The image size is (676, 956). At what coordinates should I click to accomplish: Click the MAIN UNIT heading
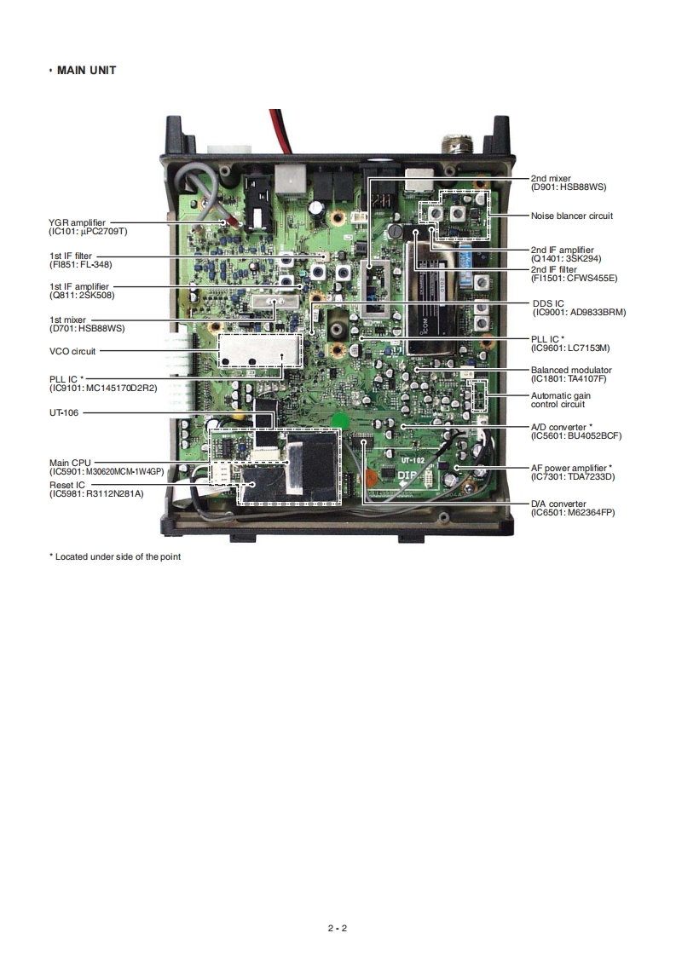[x=86, y=71]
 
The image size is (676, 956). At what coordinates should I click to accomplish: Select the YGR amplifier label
[x=78, y=222]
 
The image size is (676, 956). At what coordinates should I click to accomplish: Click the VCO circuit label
[x=72, y=351]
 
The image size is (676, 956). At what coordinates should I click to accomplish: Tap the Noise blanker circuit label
[x=571, y=216]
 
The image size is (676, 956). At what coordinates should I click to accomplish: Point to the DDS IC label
[x=547, y=303]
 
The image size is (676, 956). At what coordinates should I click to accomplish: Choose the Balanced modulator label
[x=571, y=371]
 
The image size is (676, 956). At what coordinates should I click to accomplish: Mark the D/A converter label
[x=558, y=504]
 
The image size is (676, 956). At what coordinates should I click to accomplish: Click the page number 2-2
[x=338, y=928]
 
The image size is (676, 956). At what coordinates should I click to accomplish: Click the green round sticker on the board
[x=341, y=420]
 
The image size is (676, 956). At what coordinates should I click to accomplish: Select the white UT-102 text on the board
[x=413, y=461]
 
